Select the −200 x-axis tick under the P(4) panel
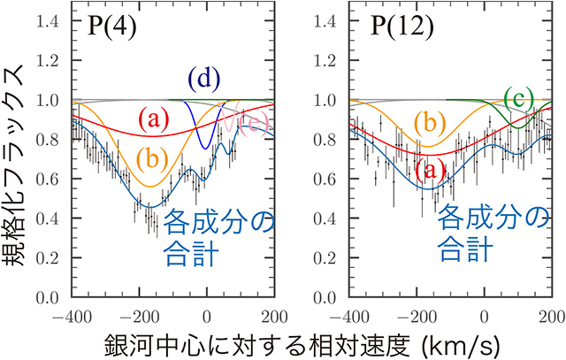pyautogui.click(x=134, y=315)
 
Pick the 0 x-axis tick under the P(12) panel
pyautogui.click(x=483, y=315)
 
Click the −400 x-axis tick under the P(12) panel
pyautogui.click(x=346, y=315)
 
